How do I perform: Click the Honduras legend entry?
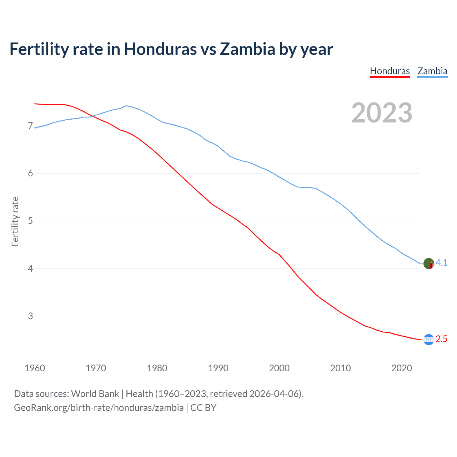pos(390,71)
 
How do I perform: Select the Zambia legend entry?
pos(432,71)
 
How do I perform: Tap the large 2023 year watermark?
pos(382,113)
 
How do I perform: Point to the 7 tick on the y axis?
pos(30,126)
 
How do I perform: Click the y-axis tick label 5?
pos(30,221)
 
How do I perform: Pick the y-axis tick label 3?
pos(30,316)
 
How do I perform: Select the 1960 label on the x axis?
pos(35,368)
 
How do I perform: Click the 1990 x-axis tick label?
pos(218,368)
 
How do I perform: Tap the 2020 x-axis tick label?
pos(402,368)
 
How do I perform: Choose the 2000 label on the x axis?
pos(279,368)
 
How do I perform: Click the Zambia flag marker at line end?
pos(429,264)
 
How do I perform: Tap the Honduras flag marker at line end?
pos(429,340)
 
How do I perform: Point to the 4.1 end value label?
pos(442,263)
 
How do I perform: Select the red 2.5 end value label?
pos(442,339)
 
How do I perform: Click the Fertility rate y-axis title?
pos(15,221)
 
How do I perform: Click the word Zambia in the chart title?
pos(247,49)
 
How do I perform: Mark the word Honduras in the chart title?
pos(160,49)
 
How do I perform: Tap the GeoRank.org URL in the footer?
pos(99,408)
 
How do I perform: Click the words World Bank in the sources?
pos(95,394)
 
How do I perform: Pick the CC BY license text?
pos(203,408)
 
